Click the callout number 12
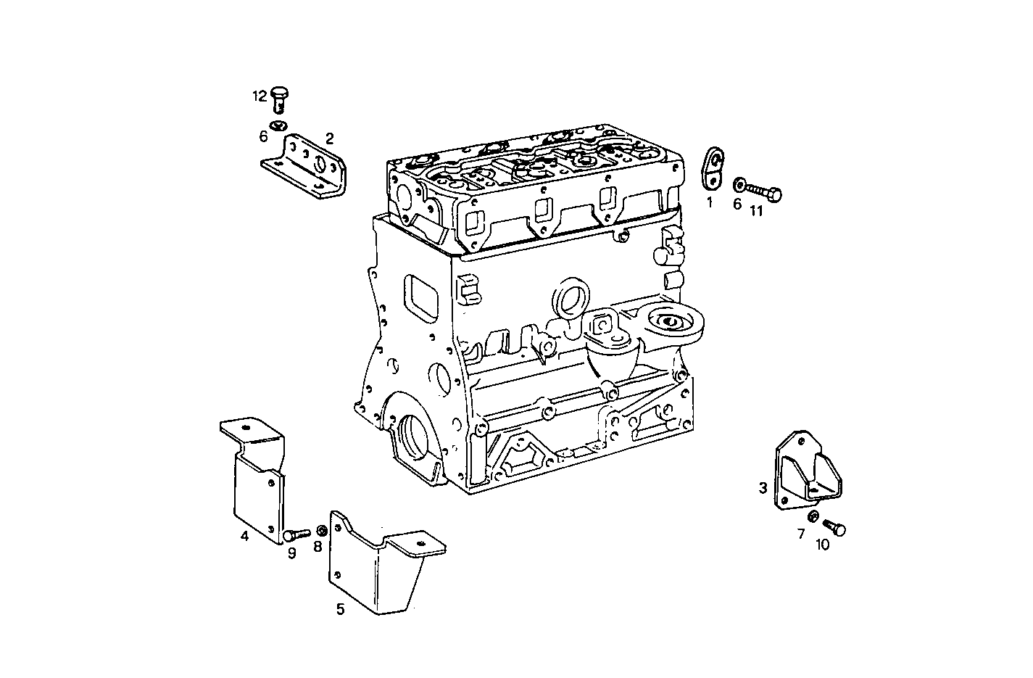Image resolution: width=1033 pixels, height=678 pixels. pyautogui.click(x=260, y=96)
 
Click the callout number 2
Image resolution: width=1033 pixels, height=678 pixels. pyautogui.click(x=329, y=138)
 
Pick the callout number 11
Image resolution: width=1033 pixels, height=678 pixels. pyautogui.click(x=756, y=211)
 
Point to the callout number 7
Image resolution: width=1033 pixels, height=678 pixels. pyautogui.click(x=801, y=534)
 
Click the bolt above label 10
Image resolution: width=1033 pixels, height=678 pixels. pyautogui.click(x=835, y=527)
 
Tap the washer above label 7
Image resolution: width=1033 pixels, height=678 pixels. pyautogui.click(x=813, y=516)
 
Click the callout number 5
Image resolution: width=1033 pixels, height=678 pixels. pyautogui.click(x=340, y=609)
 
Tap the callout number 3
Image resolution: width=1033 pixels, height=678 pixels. pyautogui.click(x=763, y=488)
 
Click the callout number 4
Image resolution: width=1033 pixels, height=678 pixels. pyautogui.click(x=245, y=536)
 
